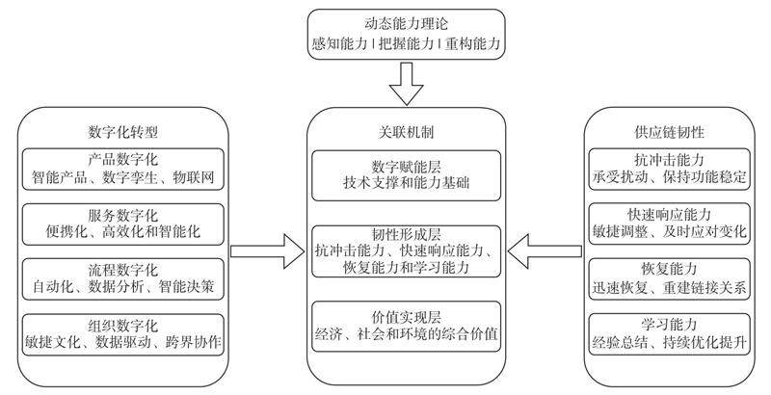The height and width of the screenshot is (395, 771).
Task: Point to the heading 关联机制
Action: (405, 131)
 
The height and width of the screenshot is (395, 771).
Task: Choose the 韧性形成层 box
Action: (405, 251)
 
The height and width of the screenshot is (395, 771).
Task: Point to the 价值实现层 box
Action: (405, 328)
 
